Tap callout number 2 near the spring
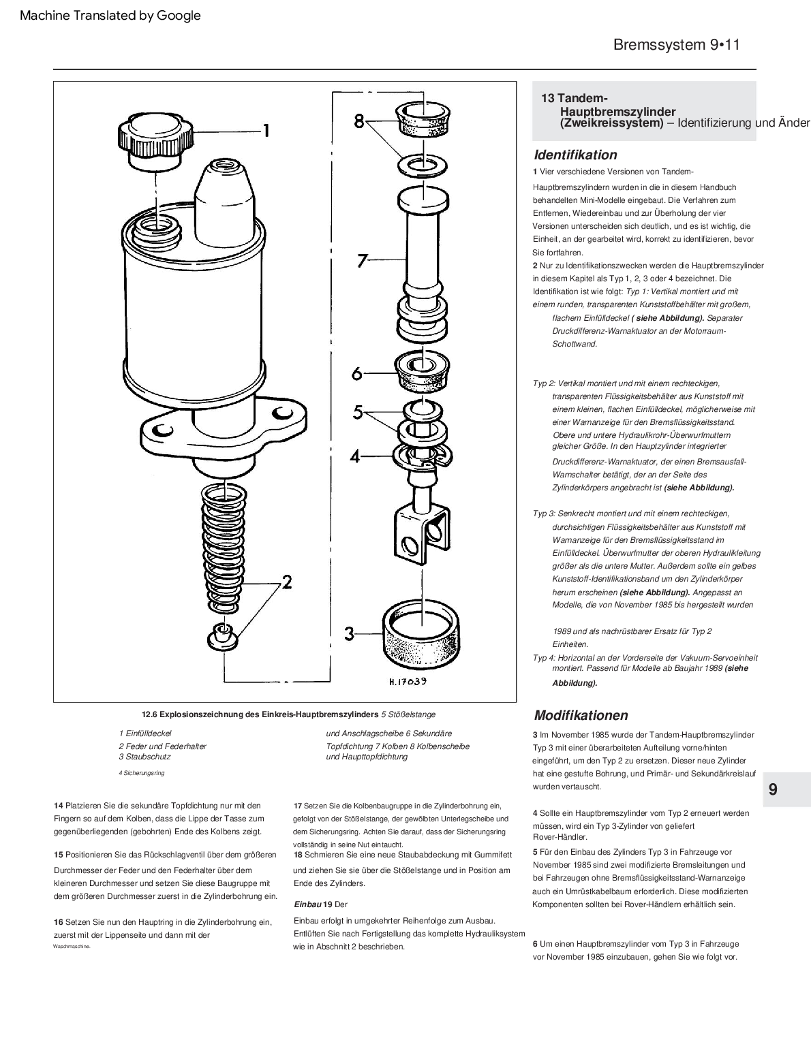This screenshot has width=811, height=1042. [287, 582]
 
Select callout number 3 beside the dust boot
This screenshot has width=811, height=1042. [349, 634]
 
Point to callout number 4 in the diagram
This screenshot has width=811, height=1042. [354, 456]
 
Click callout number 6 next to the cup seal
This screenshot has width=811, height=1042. [356, 373]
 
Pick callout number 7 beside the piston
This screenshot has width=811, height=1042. [363, 261]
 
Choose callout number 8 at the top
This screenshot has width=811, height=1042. [359, 121]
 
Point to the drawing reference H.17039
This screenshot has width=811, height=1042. [407, 680]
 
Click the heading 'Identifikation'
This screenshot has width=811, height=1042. [575, 155]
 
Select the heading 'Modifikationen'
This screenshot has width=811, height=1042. [581, 715]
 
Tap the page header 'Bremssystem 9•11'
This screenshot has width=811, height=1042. [676, 45]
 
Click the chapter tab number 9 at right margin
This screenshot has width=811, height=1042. [773, 789]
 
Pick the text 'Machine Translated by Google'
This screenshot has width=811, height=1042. [110, 15]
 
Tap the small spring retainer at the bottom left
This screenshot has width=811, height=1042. [219, 635]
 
